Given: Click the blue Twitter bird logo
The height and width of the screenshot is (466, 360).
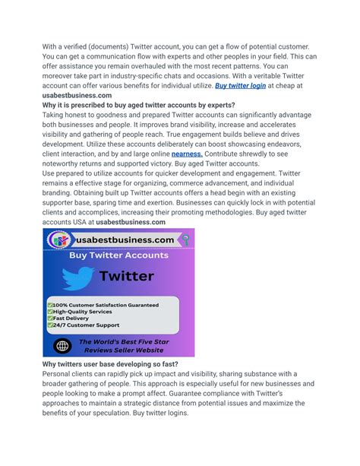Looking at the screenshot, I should pyautogui.click(x=77, y=278).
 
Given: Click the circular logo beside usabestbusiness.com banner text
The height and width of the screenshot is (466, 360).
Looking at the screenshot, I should pyautogui.click(x=59, y=240).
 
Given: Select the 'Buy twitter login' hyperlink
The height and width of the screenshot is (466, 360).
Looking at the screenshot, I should pyautogui.click(x=240, y=86).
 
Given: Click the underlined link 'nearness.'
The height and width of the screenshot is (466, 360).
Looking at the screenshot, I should pyautogui.click(x=187, y=153).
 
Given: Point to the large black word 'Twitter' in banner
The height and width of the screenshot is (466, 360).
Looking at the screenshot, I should pyautogui.click(x=127, y=276).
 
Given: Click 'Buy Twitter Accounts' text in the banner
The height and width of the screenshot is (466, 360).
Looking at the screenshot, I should pyautogui.click(x=118, y=255).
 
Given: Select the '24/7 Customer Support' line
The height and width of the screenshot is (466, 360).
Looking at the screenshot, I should pyautogui.click(x=87, y=325).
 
